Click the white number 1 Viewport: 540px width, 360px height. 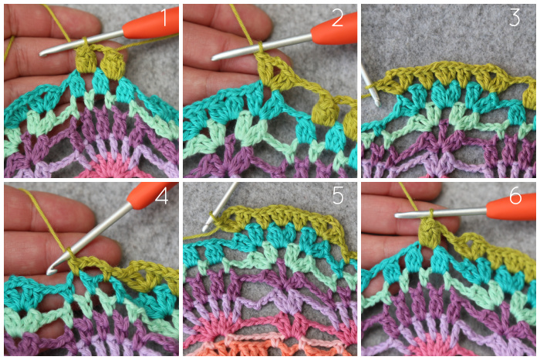click(x=164, y=18)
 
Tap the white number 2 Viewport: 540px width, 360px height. click(x=338, y=19)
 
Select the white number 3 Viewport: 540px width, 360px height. click(x=515, y=18)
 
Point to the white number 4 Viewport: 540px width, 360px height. click(x=161, y=196)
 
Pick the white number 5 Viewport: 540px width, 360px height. click(x=338, y=196)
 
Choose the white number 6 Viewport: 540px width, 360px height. click(x=515, y=196)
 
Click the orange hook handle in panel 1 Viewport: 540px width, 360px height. click(x=150, y=24)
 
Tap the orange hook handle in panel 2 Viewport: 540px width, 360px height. click(x=333, y=29)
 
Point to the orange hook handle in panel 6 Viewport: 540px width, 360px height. click(x=511, y=207)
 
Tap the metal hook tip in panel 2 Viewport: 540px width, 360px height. click(x=215, y=58)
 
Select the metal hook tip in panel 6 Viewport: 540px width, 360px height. click(x=399, y=215)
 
